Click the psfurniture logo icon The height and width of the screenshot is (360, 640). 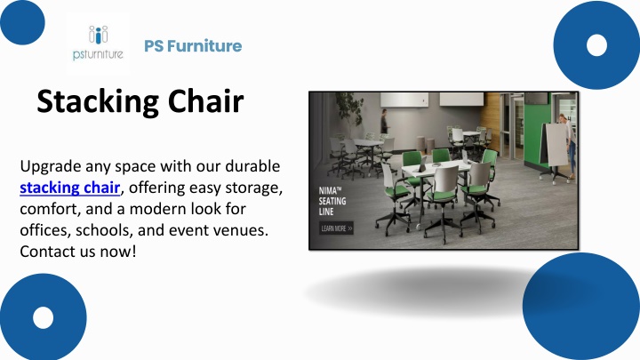pyautogui.click(x=98, y=43)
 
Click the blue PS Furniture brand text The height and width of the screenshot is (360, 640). pyautogui.click(x=193, y=45)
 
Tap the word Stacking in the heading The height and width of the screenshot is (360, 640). pyautogui.click(x=98, y=102)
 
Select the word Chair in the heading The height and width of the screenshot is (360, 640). pyautogui.click(x=205, y=100)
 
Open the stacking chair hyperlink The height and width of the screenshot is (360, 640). pyautogui.click(x=70, y=188)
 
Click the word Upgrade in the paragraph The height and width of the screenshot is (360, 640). pyautogui.click(x=51, y=167)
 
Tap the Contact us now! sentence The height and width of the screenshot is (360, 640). pyautogui.click(x=78, y=252)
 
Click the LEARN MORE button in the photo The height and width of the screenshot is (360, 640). pyautogui.click(x=336, y=228)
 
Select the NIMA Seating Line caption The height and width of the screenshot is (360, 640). pyautogui.click(x=332, y=201)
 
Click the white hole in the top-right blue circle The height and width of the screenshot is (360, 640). pyautogui.click(x=596, y=45)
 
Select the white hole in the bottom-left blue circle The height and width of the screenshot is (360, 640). pyautogui.click(x=44, y=317)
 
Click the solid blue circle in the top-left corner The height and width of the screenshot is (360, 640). pyautogui.click(x=22, y=21)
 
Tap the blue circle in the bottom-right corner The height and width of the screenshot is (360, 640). pyautogui.click(x=581, y=306)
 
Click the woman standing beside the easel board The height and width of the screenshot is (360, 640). pyautogui.click(x=570, y=146)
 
